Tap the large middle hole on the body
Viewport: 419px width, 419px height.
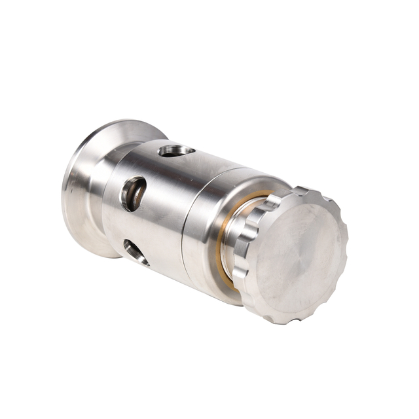click(x=134, y=193)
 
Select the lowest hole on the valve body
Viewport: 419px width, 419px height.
click(x=136, y=251)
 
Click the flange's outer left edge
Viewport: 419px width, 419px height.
click(x=64, y=203)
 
